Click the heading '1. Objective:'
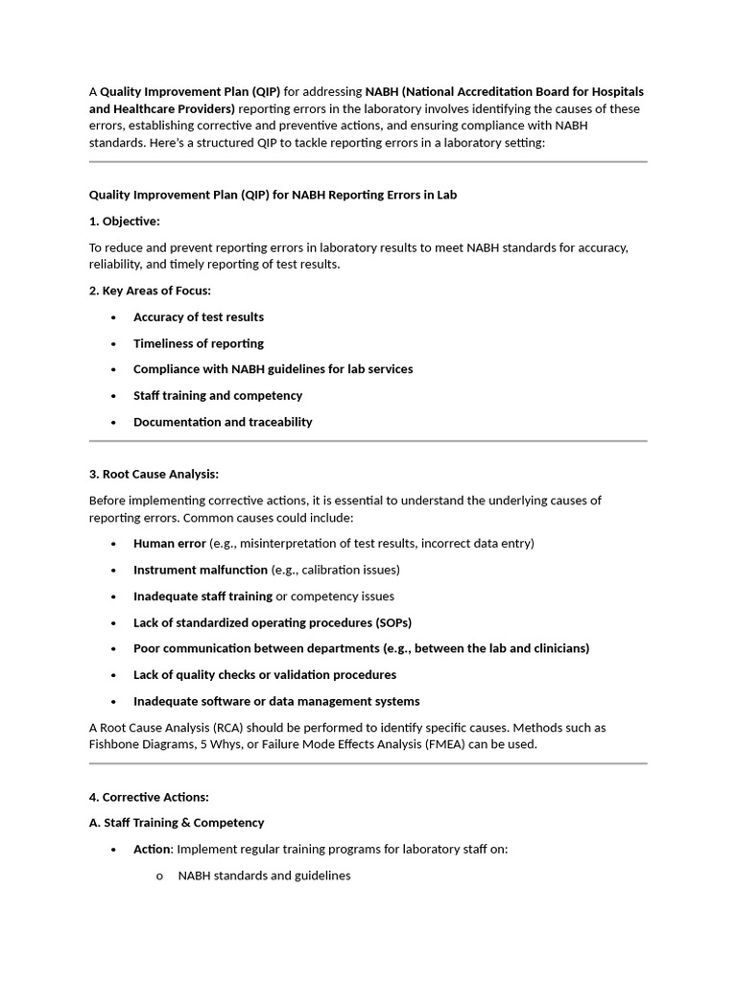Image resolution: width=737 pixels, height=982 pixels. click(x=124, y=222)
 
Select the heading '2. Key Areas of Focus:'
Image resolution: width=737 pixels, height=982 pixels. click(x=150, y=291)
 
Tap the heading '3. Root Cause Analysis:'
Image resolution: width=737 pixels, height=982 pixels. click(x=154, y=474)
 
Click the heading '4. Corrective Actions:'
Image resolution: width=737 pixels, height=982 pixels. click(x=149, y=797)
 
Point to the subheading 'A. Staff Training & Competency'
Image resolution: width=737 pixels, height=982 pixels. click(x=177, y=823)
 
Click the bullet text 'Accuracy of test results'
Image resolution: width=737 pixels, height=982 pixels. click(x=199, y=317)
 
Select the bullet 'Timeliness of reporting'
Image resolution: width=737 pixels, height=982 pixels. click(x=199, y=343)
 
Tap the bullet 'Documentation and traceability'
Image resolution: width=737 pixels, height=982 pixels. click(x=223, y=422)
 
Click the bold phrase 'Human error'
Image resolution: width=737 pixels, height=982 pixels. click(x=169, y=544)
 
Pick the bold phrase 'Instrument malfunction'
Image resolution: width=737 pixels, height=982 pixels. click(x=201, y=570)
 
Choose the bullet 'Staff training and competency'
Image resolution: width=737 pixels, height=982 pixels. click(x=218, y=396)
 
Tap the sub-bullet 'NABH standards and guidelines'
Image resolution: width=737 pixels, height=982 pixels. click(x=265, y=876)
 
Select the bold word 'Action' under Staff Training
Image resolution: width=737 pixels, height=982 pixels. click(x=152, y=850)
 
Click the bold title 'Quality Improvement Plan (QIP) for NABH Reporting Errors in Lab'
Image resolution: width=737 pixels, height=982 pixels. click(x=273, y=196)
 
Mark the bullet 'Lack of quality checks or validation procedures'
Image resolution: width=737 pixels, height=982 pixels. click(x=265, y=675)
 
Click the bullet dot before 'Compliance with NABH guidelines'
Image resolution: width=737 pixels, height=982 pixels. click(x=113, y=370)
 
